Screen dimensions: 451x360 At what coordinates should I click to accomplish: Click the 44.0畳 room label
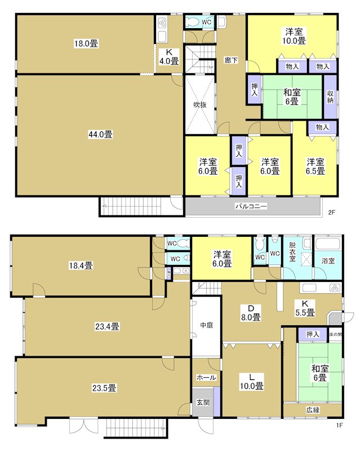(100, 134)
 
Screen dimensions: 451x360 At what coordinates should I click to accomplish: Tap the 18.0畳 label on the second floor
(86, 42)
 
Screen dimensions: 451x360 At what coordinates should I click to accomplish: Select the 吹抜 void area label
(200, 104)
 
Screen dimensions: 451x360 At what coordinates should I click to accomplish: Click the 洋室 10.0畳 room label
(294, 36)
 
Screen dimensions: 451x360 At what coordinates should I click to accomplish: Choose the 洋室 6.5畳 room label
(315, 166)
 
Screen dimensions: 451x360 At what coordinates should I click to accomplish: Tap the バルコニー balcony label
(251, 206)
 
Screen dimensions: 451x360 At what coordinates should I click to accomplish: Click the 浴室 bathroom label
(328, 262)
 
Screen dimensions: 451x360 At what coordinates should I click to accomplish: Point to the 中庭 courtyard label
(206, 325)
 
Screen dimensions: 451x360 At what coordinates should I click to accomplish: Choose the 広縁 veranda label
(313, 410)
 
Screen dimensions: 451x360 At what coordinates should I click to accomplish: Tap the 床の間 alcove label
(335, 335)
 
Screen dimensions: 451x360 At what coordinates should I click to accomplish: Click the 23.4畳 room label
(106, 326)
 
